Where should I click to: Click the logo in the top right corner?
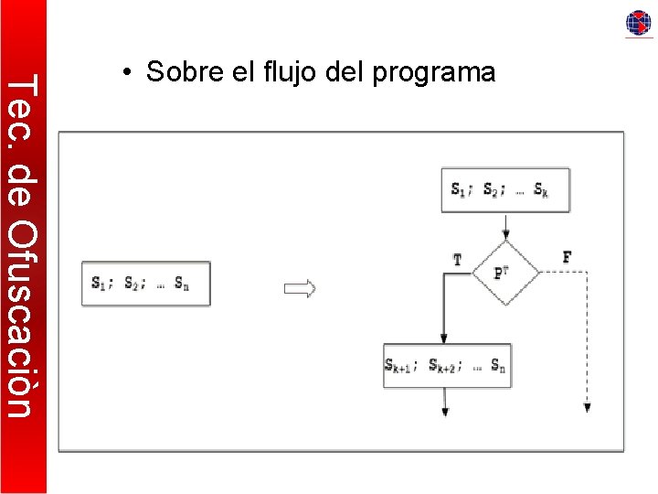pos(639,23)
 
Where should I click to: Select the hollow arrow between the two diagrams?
pos(300,289)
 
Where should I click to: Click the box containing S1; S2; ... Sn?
pos(146,284)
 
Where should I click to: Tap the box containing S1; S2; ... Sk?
pos(505,190)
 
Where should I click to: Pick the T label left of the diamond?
pos(458,260)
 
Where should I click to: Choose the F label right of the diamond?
pos(568,258)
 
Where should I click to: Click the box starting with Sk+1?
pos(447,366)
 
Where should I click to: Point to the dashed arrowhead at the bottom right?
pos(587,408)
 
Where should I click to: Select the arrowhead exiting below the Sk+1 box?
pos(445,411)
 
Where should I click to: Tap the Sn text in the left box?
pos(183,284)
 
